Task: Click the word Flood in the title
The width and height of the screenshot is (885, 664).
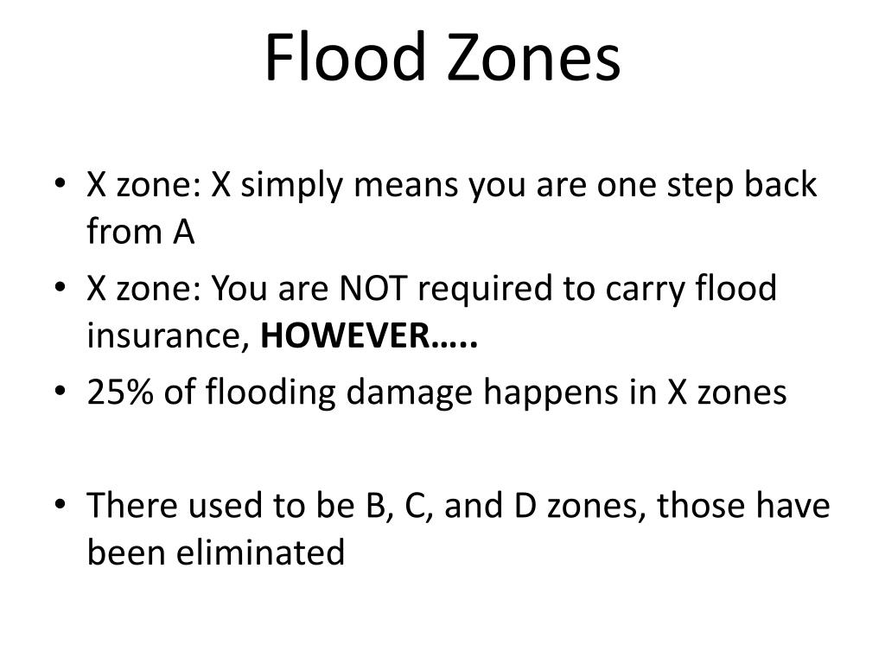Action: [345, 57]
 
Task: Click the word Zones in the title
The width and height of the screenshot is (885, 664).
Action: [534, 57]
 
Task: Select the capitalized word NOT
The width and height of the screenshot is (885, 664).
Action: [373, 287]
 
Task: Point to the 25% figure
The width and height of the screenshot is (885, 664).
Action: [120, 392]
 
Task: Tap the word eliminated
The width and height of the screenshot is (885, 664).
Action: [260, 552]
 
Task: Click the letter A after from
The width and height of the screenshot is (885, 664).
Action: [184, 232]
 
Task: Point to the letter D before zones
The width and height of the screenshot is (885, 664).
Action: [525, 505]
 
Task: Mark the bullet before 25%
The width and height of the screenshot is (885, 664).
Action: [60, 391]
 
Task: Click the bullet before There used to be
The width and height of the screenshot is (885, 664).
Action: [60, 504]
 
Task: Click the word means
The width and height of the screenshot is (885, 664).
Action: [406, 187]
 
